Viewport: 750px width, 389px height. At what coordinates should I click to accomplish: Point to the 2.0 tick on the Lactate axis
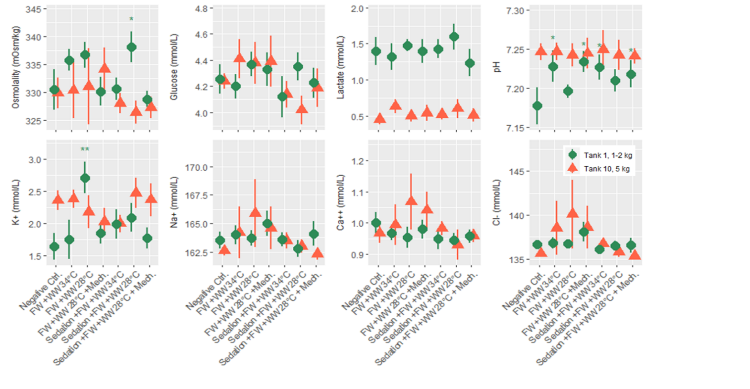point(357,8)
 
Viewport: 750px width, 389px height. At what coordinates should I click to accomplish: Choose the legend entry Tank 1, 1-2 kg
point(607,155)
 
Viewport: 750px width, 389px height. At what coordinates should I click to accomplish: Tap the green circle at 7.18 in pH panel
point(537,106)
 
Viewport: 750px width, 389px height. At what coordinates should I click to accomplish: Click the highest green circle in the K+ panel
point(85,178)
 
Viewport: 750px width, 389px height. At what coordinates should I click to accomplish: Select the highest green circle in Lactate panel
point(454,37)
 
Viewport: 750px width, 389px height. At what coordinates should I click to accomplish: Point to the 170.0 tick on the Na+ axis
point(196,167)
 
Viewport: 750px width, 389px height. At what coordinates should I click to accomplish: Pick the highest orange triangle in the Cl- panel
point(572,213)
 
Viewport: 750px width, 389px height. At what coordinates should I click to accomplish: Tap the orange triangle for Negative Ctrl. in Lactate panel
point(380,118)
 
